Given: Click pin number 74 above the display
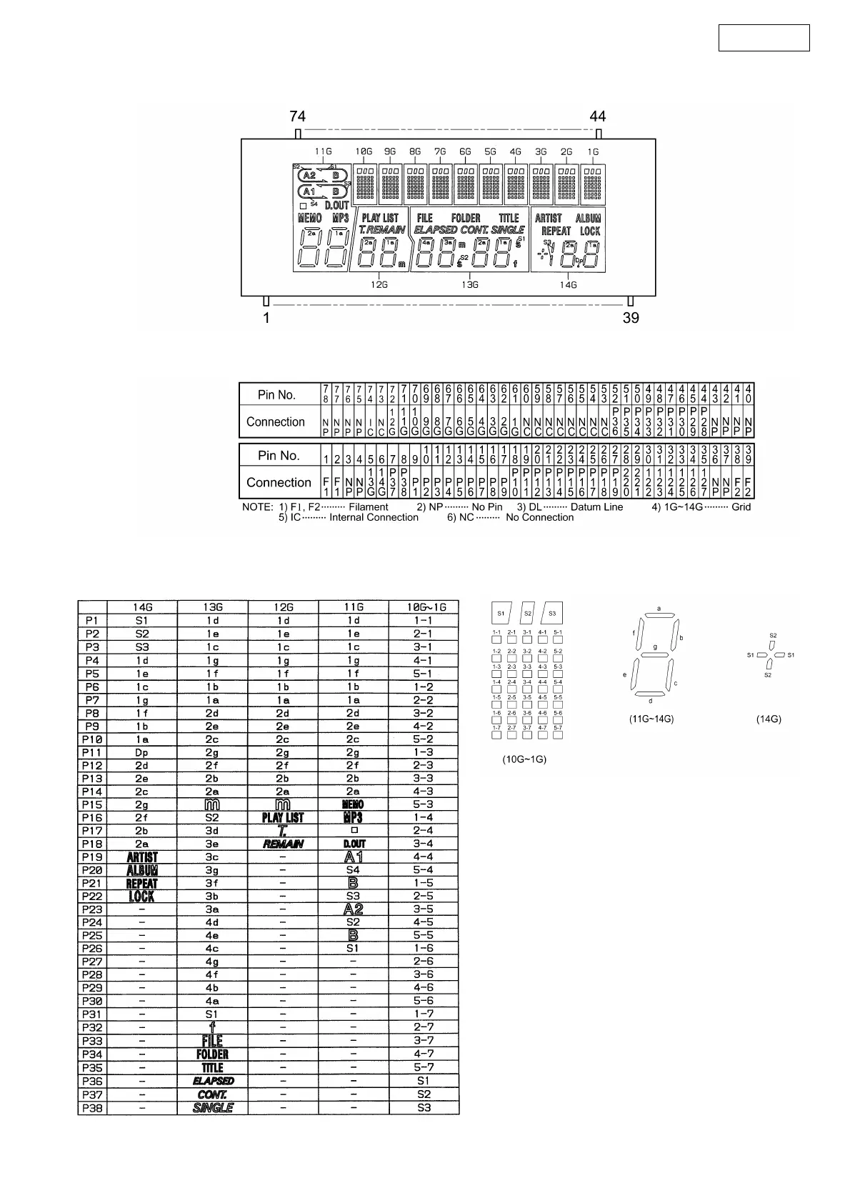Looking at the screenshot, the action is click(297, 116).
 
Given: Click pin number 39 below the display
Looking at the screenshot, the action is click(631, 318).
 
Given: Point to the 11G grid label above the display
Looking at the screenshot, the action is click(324, 151).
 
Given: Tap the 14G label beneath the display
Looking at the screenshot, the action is click(568, 284).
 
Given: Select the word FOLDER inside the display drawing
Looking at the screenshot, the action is click(466, 218).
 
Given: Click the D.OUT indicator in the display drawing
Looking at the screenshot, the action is click(337, 206).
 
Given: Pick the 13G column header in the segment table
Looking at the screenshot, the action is click(212, 607).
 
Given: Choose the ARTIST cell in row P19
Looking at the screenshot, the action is click(141, 857).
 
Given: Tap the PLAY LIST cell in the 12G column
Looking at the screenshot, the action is click(283, 817).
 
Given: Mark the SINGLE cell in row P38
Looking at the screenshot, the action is click(213, 1108).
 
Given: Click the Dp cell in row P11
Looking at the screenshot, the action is click(141, 752).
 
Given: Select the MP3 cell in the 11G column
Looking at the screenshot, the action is click(353, 817).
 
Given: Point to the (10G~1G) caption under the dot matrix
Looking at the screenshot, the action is click(525, 759).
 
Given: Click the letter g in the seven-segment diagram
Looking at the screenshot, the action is click(655, 647).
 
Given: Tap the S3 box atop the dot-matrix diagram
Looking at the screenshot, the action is click(552, 613).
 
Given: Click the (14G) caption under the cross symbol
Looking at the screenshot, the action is click(769, 719).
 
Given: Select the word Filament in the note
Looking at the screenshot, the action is click(369, 506).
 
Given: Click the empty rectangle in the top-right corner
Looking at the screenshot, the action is click(764, 38).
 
